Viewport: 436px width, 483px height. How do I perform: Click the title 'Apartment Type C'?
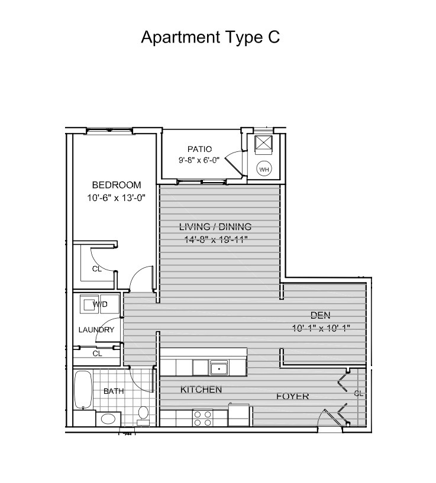tap(210, 37)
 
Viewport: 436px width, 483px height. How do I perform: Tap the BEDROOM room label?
tap(117, 185)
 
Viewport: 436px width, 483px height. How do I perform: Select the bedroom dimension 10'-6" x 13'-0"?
tap(116, 197)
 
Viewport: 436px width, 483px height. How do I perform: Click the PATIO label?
tap(200, 149)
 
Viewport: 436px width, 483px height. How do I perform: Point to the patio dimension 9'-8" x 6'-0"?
tap(199, 160)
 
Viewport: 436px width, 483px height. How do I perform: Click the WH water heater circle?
tap(264, 169)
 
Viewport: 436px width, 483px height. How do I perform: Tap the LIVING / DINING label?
tap(215, 227)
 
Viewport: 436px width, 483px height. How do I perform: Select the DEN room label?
tap(321, 315)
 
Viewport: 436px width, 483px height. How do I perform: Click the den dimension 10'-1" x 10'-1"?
tap(321, 328)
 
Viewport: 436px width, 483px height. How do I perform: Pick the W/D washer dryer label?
tap(100, 304)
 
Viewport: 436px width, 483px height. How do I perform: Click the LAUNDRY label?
tap(96, 330)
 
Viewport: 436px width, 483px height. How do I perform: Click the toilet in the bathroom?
tap(143, 415)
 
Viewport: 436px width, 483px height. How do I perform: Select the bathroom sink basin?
tap(108, 419)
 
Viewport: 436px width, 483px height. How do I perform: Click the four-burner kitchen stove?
tap(202, 418)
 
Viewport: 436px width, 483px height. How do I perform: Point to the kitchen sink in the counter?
tap(219, 368)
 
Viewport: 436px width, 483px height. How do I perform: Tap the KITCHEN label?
tap(201, 390)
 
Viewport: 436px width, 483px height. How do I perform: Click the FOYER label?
tap(293, 396)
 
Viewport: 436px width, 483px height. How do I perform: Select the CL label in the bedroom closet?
tap(97, 269)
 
